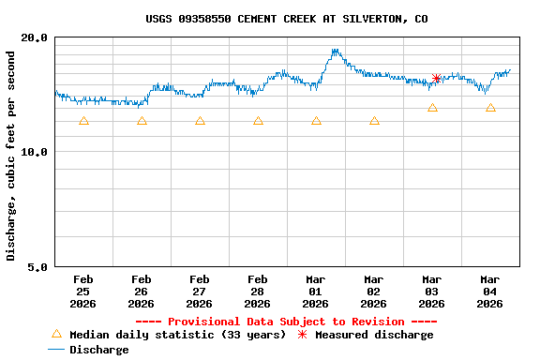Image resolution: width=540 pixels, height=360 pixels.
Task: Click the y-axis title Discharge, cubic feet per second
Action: [x=11, y=156]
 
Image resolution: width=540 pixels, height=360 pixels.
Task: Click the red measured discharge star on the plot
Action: [x=436, y=79]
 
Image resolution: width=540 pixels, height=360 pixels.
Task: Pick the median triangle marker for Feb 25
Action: [x=83, y=121]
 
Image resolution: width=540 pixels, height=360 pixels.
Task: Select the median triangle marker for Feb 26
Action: [x=142, y=121]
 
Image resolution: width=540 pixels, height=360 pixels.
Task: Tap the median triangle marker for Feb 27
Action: [x=200, y=121]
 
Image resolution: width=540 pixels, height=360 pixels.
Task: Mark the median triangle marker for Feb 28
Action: [x=258, y=121]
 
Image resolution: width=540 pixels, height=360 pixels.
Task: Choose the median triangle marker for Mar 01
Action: [x=316, y=121]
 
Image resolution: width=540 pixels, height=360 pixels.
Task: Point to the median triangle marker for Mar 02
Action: [x=374, y=121]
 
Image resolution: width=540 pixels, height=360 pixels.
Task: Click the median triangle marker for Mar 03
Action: [x=432, y=108]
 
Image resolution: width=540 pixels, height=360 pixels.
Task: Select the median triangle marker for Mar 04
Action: [x=490, y=108]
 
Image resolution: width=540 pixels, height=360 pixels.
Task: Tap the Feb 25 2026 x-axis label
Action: [x=83, y=291]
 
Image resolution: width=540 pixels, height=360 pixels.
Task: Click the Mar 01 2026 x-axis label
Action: [x=316, y=291]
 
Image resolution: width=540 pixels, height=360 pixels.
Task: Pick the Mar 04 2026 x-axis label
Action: [x=490, y=291]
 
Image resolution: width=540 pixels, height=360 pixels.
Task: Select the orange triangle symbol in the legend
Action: [x=56, y=334]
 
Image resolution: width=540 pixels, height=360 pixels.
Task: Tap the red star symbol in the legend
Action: [x=302, y=335]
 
